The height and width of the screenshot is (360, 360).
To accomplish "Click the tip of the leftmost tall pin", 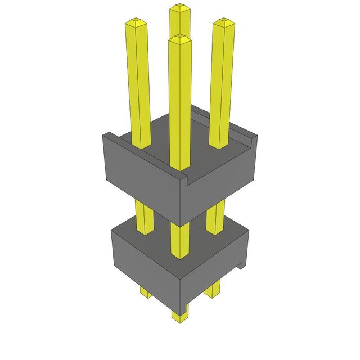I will click(136, 22).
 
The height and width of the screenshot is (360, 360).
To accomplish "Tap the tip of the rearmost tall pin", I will click(179, 7).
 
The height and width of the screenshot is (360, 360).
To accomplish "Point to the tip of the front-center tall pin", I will click(179, 38).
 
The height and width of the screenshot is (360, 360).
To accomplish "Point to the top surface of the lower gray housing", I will click(197, 239).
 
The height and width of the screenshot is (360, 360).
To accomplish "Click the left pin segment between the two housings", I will click(145, 217).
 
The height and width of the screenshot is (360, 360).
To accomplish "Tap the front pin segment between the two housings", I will click(179, 239).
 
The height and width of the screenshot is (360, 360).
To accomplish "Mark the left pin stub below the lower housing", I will click(145, 291).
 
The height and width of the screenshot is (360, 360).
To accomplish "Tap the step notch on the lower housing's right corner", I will click(242, 263).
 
